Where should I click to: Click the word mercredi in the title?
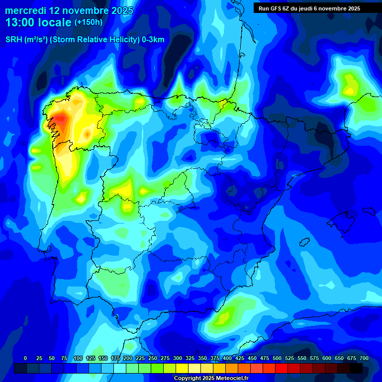(x=25, y=10)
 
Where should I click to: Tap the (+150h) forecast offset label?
(x=88, y=22)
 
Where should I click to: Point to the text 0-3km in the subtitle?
(x=153, y=40)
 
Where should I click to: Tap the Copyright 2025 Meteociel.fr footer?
(x=211, y=379)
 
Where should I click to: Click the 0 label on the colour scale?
(x=25, y=358)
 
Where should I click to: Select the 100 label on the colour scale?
(x=78, y=358)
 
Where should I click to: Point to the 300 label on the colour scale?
(x=178, y=358)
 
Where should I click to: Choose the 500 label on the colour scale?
(x=277, y=358)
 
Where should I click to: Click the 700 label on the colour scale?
(x=364, y=358)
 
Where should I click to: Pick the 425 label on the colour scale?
(x=240, y=358)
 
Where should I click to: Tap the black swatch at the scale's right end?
(x=356, y=368)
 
